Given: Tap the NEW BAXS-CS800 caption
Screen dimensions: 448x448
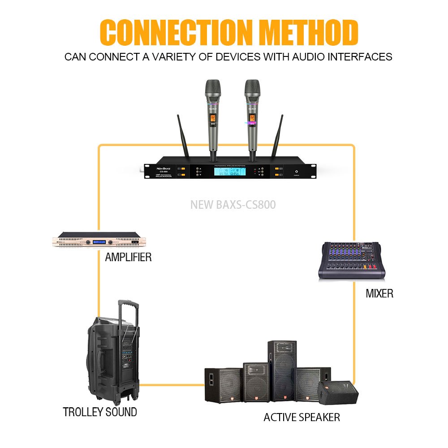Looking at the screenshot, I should pos(233,205).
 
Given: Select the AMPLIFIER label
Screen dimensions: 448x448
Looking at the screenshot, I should pos(128,257).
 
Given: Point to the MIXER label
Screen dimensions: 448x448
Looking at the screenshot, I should pos(379,294).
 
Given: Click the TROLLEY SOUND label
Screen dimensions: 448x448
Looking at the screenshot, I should pos(100,412).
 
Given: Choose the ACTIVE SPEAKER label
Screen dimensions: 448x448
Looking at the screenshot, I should pos(302,418).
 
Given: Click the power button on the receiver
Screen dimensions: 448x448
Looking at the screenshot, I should pos(296,172).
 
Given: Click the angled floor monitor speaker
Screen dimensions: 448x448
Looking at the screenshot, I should pos(338,392).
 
